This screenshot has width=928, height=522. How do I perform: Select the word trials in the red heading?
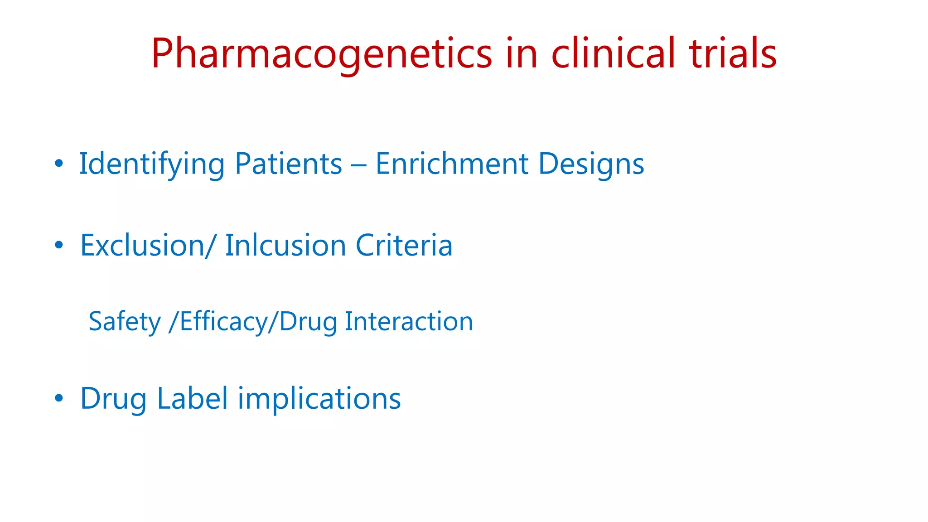tap(733, 53)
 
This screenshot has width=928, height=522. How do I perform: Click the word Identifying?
tap(152, 164)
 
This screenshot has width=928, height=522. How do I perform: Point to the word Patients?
tap(289, 164)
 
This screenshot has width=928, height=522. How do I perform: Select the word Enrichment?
tap(452, 164)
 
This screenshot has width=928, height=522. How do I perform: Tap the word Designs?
tap(591, 164)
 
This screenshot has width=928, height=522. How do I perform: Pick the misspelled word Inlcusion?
tap(285, 246)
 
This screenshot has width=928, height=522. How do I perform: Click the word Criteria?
tap(404, 246)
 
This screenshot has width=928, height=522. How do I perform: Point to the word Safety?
tap(125, 322)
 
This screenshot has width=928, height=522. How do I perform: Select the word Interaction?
tap(409, 322)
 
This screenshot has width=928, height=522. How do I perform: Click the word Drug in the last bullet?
tap(113, 399)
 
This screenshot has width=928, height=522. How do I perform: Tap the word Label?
tap(192, 399)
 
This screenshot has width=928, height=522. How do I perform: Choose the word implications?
tap(319, 399)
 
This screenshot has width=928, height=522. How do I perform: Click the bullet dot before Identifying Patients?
tap(58, 164)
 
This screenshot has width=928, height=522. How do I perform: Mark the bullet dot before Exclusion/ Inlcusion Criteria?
tap(58, 246)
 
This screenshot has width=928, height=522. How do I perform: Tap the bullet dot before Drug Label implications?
tap(58, 399)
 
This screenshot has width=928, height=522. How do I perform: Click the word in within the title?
tap(522, 53)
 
